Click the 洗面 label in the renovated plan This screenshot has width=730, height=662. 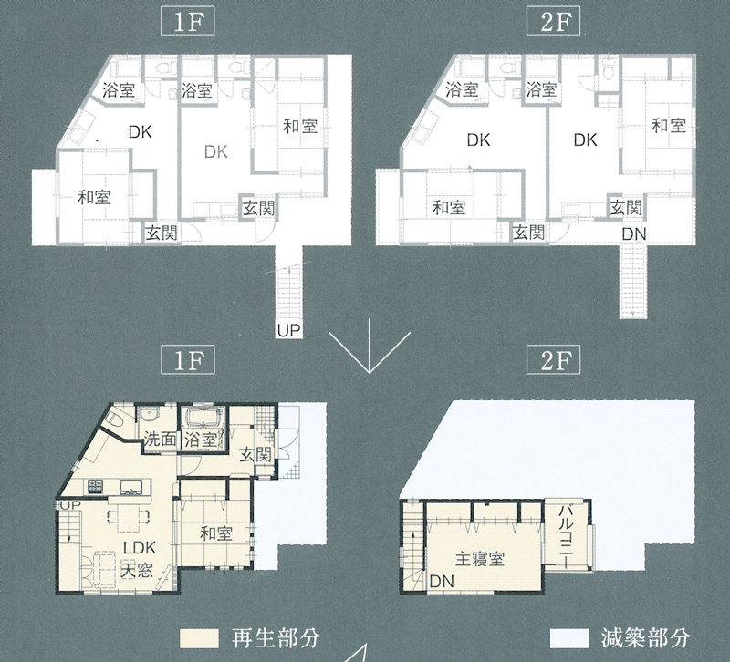tap(159, 439)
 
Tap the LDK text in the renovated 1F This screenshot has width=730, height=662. tap(140, 547)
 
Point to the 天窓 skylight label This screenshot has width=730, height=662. tap(136, 570)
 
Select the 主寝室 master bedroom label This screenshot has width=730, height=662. tap(480, 558)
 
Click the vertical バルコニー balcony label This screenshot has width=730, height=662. tap(566, 535)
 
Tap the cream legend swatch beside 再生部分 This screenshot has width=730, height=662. tap(199, 638)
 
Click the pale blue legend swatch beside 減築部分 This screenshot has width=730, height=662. tap(568, 638)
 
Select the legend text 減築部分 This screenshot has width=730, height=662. tap(645, 638)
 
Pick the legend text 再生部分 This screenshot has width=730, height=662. tap(276, 638)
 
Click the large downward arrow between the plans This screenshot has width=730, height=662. tap(370, 346)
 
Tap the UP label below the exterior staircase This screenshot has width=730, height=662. tap(288, 330)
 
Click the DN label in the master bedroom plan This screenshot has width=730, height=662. tap(442, 581)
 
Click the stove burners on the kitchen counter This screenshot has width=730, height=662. tap(95, 487)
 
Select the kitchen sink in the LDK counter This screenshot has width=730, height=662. tap(131, 487)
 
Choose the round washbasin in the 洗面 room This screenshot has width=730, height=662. tap(149, 414)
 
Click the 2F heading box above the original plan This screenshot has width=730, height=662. tap(553, 22)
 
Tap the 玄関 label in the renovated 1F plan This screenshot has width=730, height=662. tap(255, 455)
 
